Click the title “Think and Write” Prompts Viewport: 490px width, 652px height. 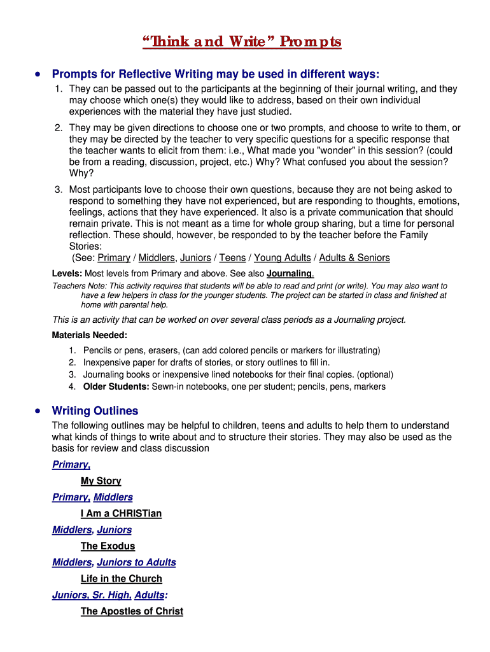click(x=242, y=42)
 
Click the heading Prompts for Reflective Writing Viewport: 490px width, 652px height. click(x=215, y=74)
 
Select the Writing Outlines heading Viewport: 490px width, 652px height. click(x=95, y=411)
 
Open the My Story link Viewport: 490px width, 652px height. click(x=101, y=481)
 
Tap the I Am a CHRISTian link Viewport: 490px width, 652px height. click(x=121, y=513)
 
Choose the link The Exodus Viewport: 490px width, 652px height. click(x=108, y=546)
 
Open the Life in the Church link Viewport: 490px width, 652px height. click(x=121, y=578)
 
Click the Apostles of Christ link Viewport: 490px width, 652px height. click(x=132, y=611)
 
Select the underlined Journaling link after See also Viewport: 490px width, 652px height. click(x=290, y=274)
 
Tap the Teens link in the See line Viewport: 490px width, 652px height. click(x=232, y=258)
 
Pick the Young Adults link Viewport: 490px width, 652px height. click(x=283, y=258)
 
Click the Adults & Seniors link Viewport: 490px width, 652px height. click(x=354, y=258)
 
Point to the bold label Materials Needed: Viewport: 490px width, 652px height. click(x=90, y=335)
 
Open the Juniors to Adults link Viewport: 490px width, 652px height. click(x=136, y=562)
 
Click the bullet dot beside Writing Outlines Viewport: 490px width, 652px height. click(x=39, y=411)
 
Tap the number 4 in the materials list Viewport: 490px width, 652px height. click(x=73, y=386)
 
